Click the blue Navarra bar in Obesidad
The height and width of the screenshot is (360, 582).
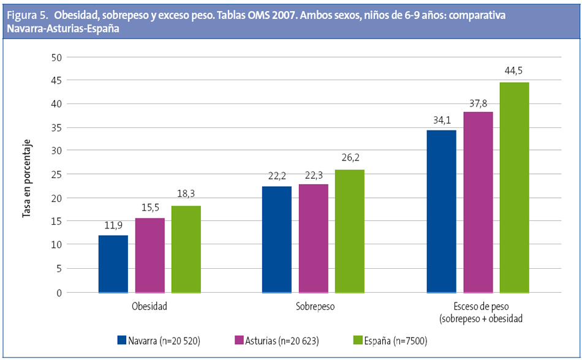(113, 264)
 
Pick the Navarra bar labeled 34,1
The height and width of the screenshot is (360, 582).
(441, 211)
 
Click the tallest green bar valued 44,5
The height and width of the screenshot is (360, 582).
(514, 187)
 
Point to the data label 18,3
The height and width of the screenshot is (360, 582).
(186, 194)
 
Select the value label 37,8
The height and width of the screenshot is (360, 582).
(478, 100)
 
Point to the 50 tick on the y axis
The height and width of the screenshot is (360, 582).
(57, 58)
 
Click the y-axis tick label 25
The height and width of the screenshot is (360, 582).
(57, 174)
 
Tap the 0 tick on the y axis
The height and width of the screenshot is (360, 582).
(59, 292)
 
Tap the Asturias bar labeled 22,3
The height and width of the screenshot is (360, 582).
(313, 238)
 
